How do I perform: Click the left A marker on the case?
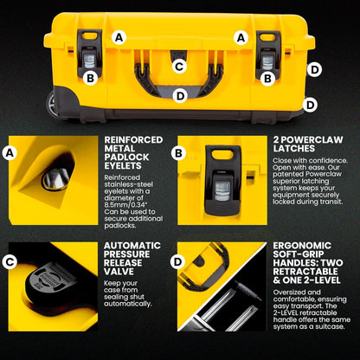pyautogui.click(x=119, y=37)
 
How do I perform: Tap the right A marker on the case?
pyautogui.click(x=241, y=37)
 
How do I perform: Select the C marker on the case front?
pyautogui.click(x=179, y=66)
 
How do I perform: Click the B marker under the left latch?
pyautogui.click(x=89, y=78)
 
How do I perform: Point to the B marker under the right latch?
pyautogui.click(x=268, y=78)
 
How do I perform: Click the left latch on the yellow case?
pyautogui.click(x=88, y=53)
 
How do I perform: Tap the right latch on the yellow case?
pyautogui.click(x=268, y=54)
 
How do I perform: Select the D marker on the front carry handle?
pyautogui.click(x=179, y=95)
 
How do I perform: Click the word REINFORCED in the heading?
pyautogui.click(x=132, y=138)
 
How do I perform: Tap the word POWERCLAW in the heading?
pyautogui.click(x=308, y=138)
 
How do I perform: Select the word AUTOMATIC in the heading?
pyautogui.click(x=132, y=245)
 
